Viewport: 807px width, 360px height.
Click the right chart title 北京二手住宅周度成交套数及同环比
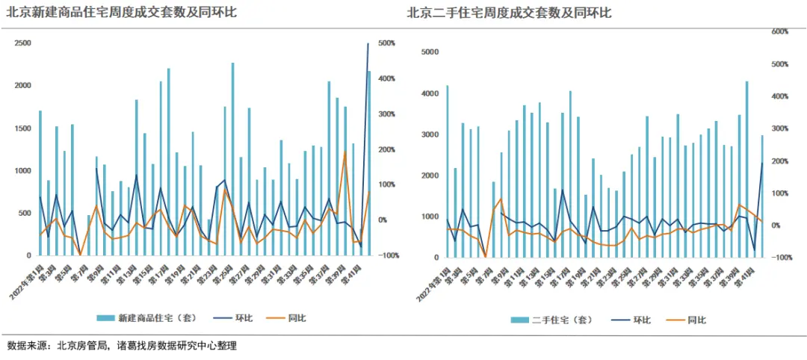tap(508, 13)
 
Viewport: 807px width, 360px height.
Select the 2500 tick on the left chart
tap(22, 43)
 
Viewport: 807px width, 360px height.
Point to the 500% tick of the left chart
tap(387, 43)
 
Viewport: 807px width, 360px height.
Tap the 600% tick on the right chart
tap(780, 31)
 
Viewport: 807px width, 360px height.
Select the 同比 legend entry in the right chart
tap(696, 320)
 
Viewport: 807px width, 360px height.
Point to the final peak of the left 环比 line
tap(368, 44)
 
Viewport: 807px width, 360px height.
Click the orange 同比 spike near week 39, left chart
tap(344, 153)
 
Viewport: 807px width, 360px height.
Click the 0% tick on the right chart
tap(776, 226)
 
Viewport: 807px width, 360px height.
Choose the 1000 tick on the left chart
tap(22, 170)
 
